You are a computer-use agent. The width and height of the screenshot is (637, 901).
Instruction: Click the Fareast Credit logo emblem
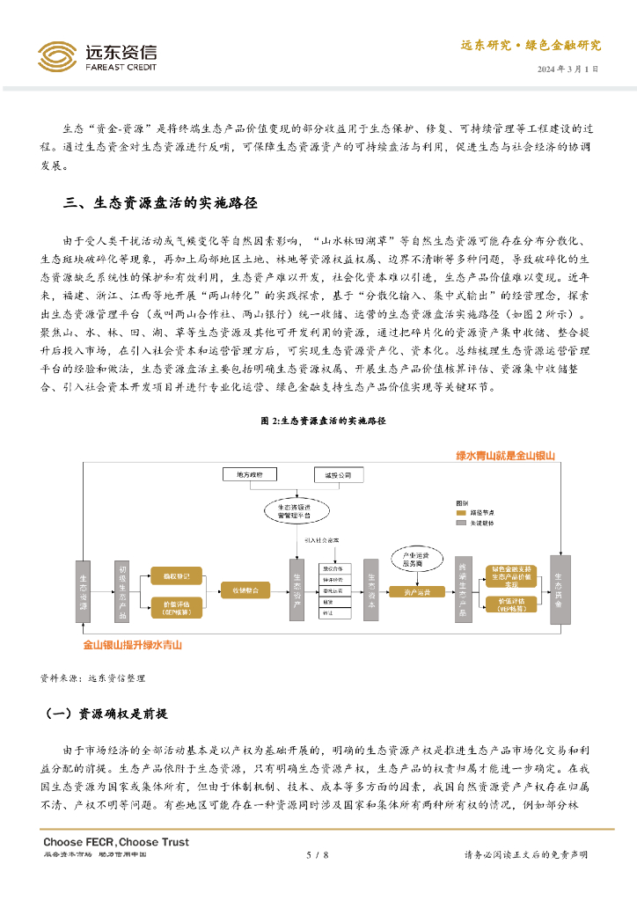coord(57,57)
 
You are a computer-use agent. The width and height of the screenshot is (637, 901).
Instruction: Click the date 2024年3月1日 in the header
coord(568,69)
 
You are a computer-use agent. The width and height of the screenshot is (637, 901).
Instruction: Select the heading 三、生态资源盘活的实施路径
coord(160,202)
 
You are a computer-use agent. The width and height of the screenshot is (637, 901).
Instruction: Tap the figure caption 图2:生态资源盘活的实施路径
coord(324,421)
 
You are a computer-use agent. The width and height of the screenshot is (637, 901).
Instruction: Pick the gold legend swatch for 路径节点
coord(458,510)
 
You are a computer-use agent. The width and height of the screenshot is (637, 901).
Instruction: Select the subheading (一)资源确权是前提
coord(106,714)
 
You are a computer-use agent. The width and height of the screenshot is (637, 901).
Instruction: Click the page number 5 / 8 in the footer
coord(317,854)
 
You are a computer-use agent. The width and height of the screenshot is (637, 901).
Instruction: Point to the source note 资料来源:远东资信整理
coord(92,678)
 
